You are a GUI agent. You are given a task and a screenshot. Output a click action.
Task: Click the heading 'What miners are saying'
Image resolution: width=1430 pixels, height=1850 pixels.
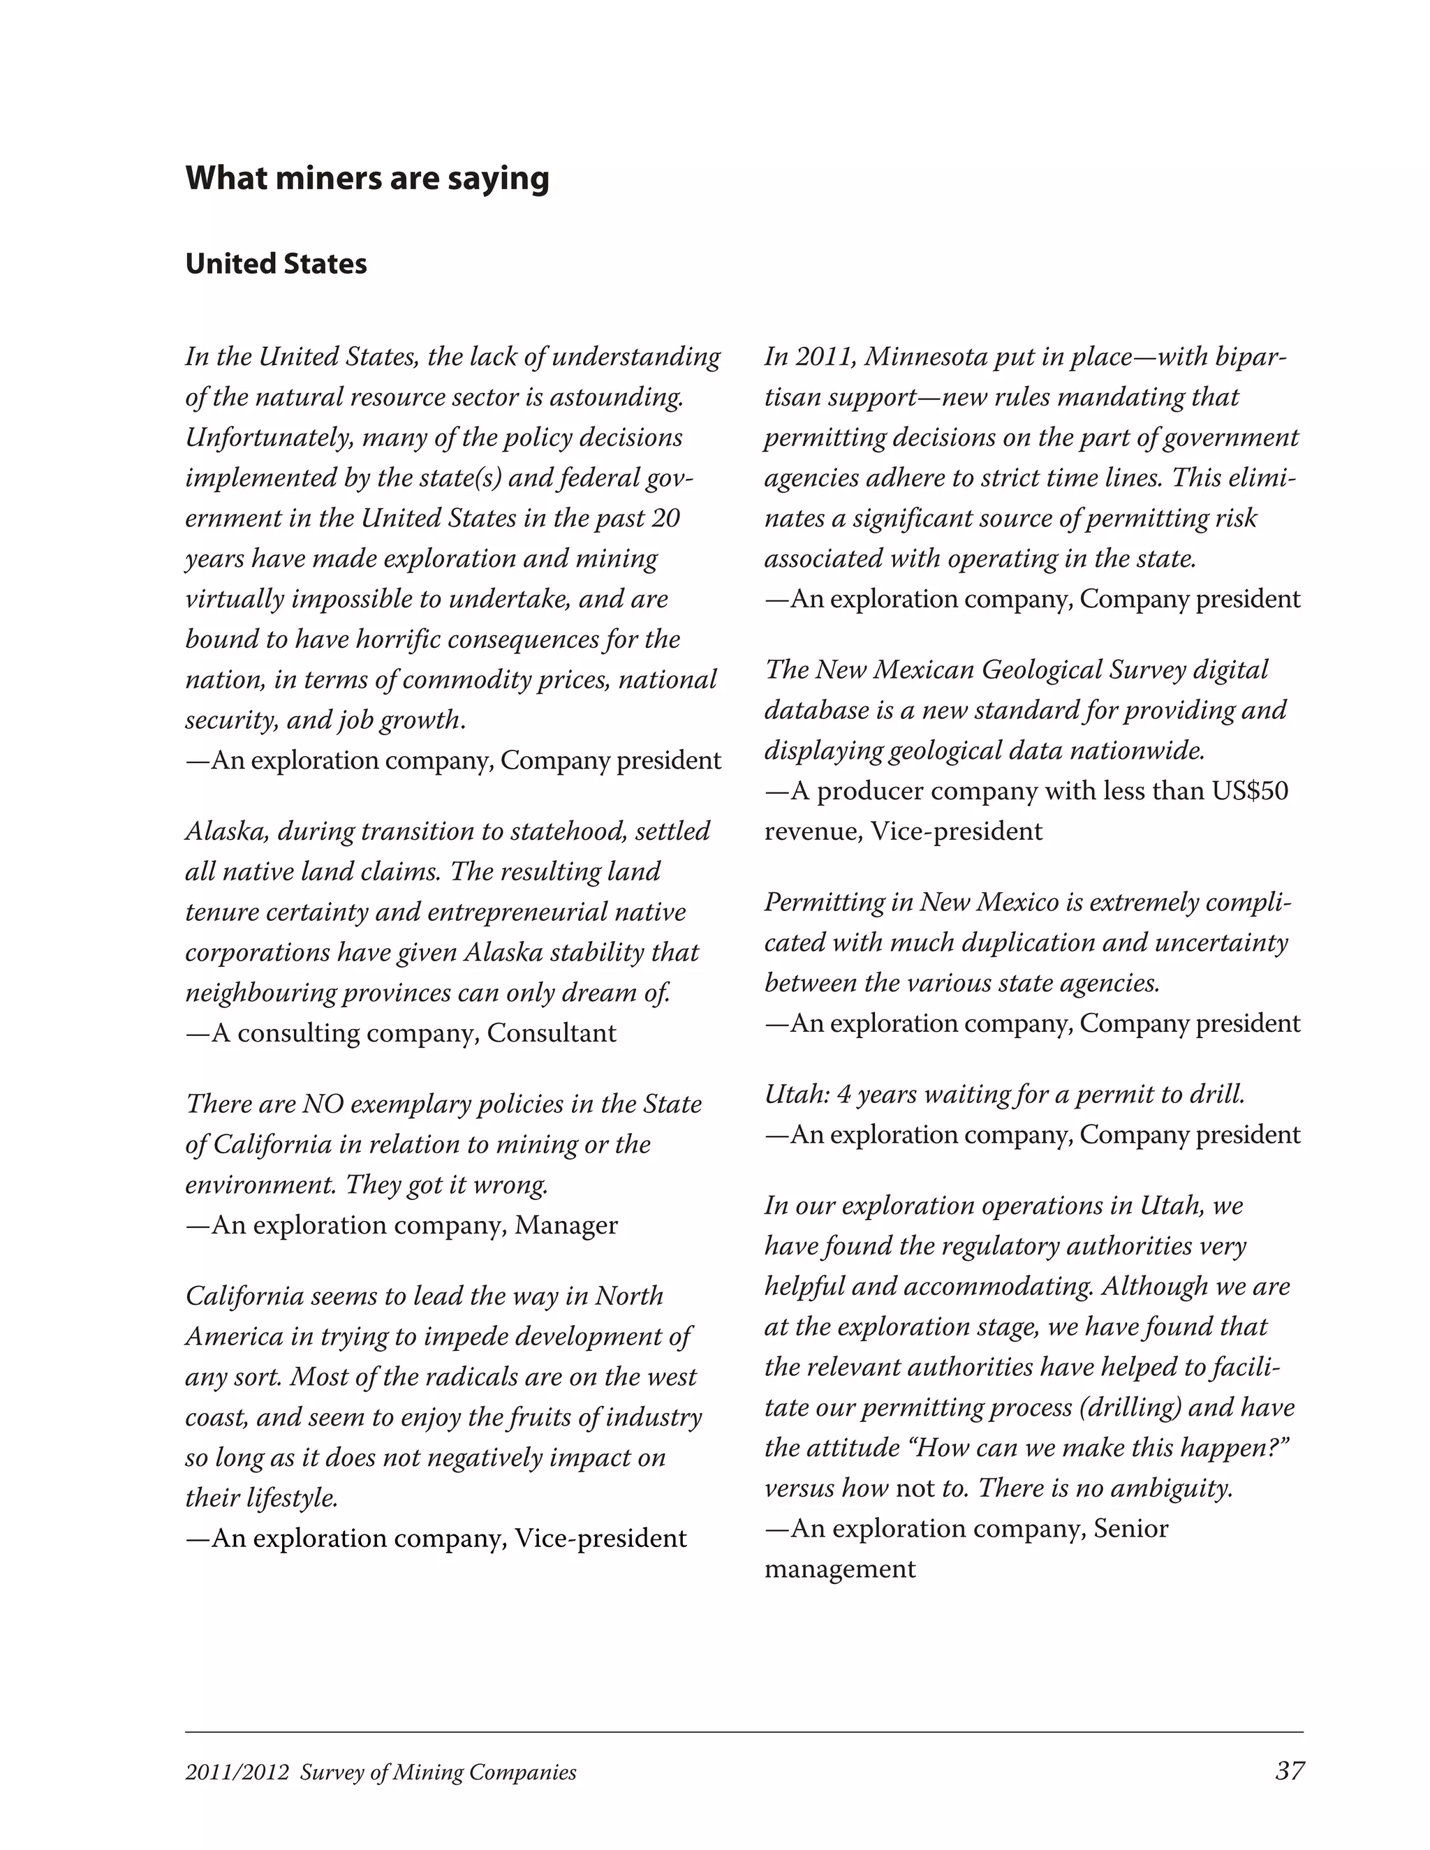coord(367,179)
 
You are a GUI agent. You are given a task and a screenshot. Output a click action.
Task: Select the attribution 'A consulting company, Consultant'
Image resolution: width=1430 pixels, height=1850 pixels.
coord(413,1033)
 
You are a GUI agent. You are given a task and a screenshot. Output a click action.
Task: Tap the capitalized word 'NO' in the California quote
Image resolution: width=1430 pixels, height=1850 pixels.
coord(322,1104)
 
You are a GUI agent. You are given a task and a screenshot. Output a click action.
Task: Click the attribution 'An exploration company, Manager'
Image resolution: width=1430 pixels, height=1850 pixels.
coord(413,1226)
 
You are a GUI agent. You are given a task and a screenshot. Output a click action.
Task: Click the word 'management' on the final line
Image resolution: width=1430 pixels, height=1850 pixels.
coord(839,1569)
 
